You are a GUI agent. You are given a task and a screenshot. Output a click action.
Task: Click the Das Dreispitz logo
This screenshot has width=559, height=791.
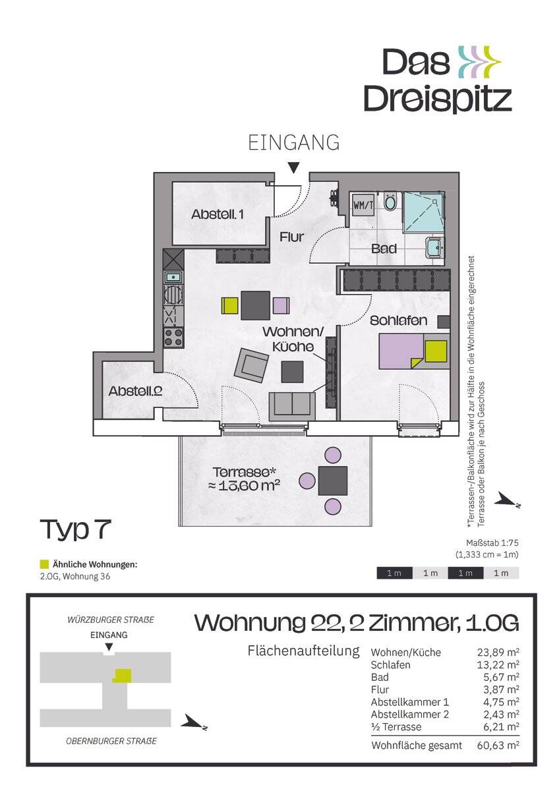(x=438, y=80)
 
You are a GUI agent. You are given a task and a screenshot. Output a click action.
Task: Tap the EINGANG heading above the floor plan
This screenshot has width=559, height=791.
(x=294, y=143)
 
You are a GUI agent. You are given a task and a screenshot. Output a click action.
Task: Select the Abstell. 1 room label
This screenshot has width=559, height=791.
(x=218, y=214)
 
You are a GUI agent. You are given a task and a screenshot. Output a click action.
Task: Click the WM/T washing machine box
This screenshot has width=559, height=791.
(x=363, y=205)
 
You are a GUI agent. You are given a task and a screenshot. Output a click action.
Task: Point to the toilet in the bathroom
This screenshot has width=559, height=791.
(x=390, y=201)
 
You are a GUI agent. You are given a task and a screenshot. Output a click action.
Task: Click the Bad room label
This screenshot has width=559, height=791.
(x=384, y=249)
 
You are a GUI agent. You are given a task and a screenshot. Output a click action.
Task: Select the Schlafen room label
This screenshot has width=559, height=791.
(x=398, y=321)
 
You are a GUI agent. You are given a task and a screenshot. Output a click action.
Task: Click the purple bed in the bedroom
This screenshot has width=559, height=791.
(x=400, y=351)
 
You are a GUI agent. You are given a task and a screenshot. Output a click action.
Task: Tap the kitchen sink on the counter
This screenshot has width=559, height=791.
(x=173, y=277)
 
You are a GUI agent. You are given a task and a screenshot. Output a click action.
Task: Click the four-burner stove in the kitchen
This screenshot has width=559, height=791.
(x=173, y=337)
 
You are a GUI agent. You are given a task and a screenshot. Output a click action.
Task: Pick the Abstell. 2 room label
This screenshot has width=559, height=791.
(x=136, y=391)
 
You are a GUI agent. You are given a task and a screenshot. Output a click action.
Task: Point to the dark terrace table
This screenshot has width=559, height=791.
(x=332, y=481)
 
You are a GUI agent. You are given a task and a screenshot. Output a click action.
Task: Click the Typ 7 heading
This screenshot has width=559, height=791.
(x=75, y=529)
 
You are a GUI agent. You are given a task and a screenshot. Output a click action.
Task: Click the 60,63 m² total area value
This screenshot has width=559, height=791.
(x=497, y=746)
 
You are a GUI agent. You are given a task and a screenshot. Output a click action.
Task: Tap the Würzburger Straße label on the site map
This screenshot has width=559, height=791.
(x=111, y=620)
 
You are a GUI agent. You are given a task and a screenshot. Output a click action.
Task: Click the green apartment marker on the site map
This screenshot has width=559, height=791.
(x=122, y=675)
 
